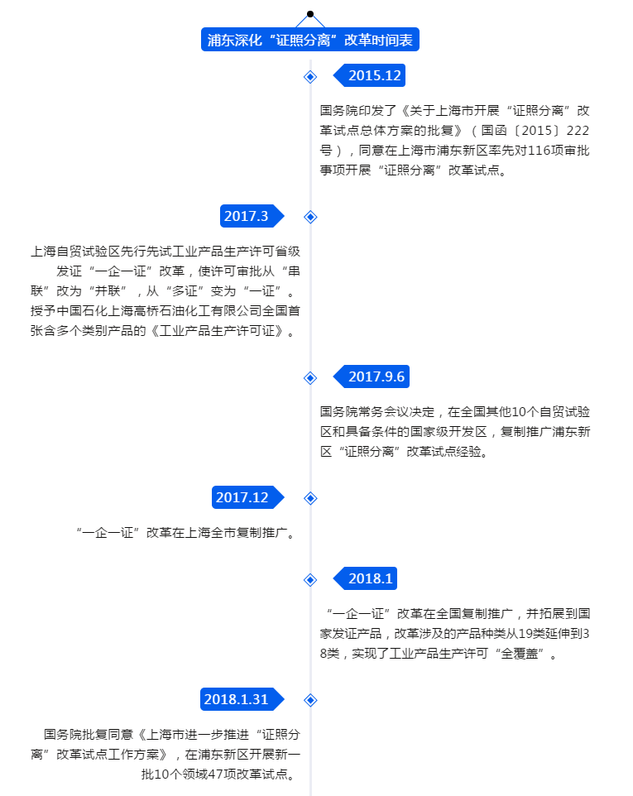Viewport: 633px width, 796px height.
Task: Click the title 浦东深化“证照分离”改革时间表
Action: (x=310, y=40)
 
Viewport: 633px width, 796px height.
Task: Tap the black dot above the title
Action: (x=310, y=14)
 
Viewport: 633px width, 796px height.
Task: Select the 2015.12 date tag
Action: (x=369, y=75)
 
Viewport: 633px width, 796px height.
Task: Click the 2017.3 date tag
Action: (x=252, y=216)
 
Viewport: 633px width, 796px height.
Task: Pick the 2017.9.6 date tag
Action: (x=371, y=376)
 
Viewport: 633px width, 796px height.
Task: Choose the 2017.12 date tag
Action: (x=247, y=497)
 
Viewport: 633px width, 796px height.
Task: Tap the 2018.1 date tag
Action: (x=365, y=578)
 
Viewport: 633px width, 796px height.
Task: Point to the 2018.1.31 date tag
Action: (x=242, y=699)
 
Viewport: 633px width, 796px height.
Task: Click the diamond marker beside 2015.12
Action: (x=310, y=77)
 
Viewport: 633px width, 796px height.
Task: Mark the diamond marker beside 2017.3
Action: (x=310, y=217)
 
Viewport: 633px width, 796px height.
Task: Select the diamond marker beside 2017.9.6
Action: (x=310, y=377)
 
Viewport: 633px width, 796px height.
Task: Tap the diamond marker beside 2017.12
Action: (x=310, y=498)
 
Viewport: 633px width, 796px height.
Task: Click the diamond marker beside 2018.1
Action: (x=310, y=580)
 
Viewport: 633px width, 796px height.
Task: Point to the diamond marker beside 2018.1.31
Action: (x=310, y=700)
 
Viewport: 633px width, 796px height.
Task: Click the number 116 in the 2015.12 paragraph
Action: (x=539, y=151)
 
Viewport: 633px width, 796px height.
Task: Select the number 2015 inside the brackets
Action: (x=536, y=131)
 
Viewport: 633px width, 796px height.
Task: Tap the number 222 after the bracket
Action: (x=578, y=131)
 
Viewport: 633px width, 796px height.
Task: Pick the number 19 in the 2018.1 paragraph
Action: (x=525, y=634)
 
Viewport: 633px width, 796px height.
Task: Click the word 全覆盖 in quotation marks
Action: (x=520, y=654)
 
